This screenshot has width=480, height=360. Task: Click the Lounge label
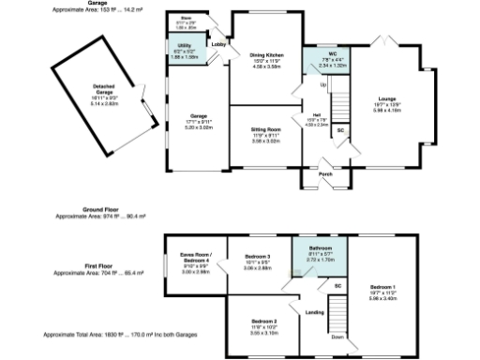click(x=386, y=97)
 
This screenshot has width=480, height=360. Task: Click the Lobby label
click(x=218, y=44)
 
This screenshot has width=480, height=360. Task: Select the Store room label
click(x=187, y=16)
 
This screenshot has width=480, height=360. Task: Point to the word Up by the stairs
click(x=324, y=84)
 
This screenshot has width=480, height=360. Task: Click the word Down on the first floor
click(x=337, y=337)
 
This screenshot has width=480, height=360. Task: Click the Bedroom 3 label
click(x=258, y=256)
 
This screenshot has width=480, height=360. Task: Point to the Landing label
click(x=315, y=312)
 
